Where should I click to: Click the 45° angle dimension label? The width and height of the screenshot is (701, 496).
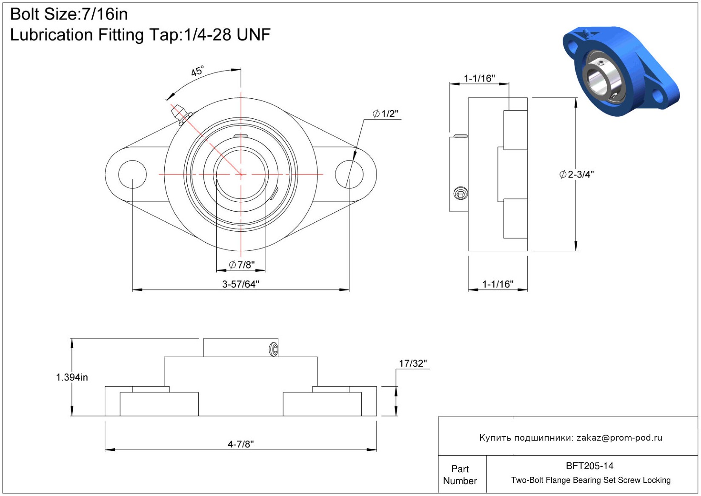[x=197, y=71]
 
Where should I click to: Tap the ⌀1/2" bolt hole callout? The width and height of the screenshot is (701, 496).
[x=385, y=114]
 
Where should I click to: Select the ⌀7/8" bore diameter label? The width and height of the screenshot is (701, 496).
[x=242, y=265]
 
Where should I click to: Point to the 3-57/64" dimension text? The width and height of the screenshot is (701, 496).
[x=240, y=284]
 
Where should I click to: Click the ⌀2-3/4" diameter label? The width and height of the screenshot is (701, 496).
[x=576, y=175]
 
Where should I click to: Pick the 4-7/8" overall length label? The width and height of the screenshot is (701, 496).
[x=240, y=444]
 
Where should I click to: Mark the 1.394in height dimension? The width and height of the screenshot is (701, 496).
[x=72, y=377]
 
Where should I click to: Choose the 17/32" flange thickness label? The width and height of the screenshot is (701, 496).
[x=413, y=364]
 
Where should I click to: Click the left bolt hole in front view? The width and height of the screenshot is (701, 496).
[x=132, y=175]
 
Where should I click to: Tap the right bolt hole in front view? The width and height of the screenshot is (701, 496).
[x=349, y=175]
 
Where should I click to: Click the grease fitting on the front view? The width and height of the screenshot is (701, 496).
[x=180, y=115]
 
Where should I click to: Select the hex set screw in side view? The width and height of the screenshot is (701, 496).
[x=461, y=194]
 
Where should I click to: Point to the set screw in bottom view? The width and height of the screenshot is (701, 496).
[x=274, y=350]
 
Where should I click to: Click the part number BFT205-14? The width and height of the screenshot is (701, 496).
[x=589, y=466]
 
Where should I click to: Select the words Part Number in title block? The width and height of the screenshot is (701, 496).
[x=460, y=475]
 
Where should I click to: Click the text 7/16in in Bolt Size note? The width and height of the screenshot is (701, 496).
[x=105, y=14]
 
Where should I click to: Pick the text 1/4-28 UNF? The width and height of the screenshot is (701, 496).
[x=227, y=35]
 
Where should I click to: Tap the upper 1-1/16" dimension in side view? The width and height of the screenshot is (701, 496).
[x=479, y=78]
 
